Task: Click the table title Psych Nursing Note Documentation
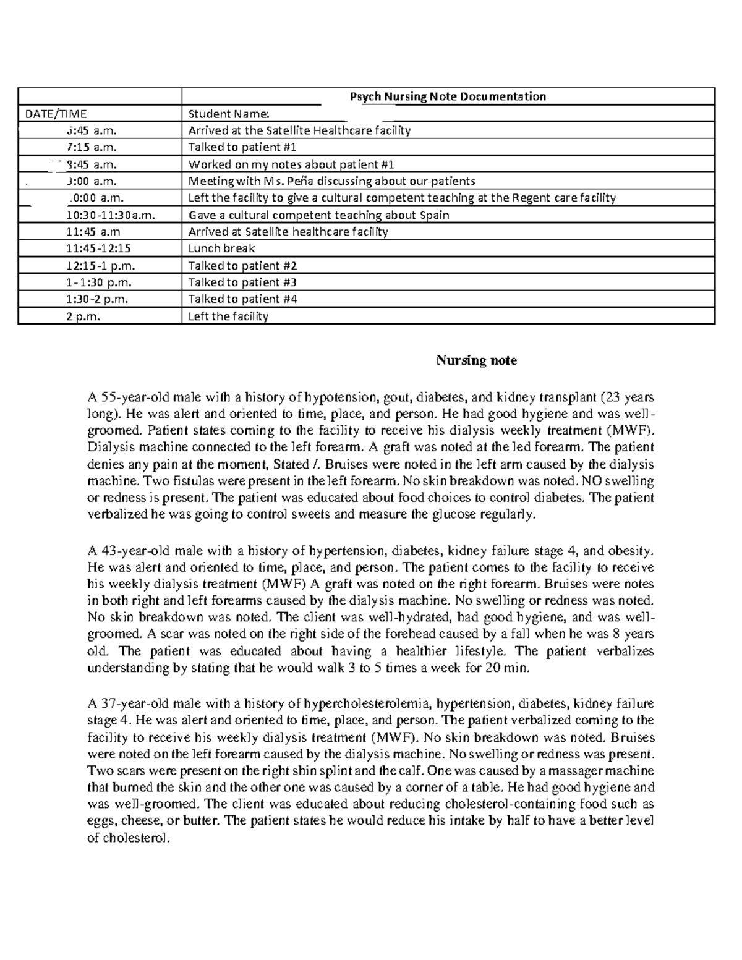(448, 96)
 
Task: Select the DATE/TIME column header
(56, 114)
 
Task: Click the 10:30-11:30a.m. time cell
(110, 215)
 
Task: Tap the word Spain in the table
(433, 215)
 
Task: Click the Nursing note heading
(476, 360)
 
